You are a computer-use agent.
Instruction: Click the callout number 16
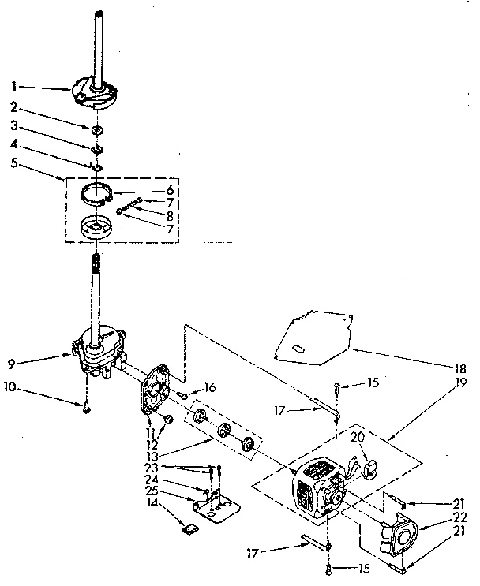209,386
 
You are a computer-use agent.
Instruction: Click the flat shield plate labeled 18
308,335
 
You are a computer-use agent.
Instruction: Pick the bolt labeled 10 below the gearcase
85,406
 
